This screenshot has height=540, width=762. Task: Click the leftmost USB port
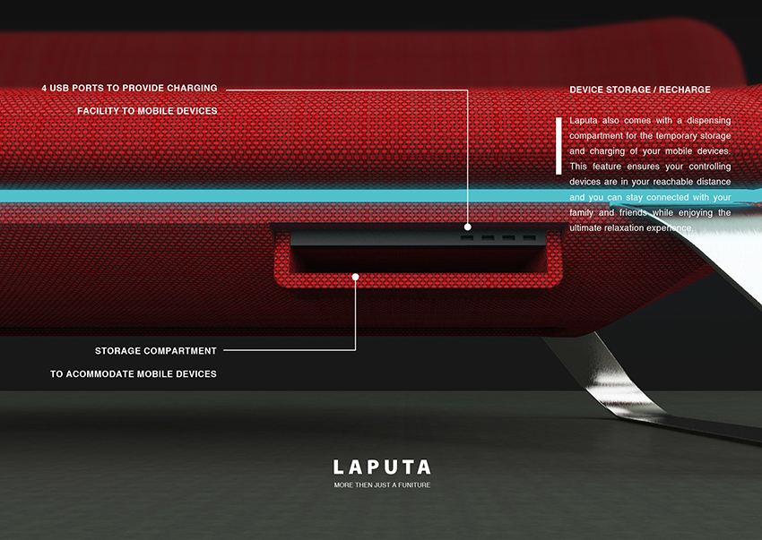(x=466, y=238)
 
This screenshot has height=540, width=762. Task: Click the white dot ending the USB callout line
(x=468, y=227)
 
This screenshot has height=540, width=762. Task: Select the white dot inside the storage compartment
(x=356, y=277)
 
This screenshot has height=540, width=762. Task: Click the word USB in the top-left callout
(x=65, y=88)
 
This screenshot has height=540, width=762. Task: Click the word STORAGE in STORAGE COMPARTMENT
(x=118, y=351)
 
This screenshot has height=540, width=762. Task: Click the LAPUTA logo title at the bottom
(x=382, y=467)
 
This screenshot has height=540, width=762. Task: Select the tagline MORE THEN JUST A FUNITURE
(x=382, y=485)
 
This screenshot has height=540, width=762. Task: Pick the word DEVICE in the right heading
(x=589, y=90)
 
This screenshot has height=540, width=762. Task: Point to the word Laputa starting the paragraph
(x=584, y=120)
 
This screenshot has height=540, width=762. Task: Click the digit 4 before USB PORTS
(x=45, y=88)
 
